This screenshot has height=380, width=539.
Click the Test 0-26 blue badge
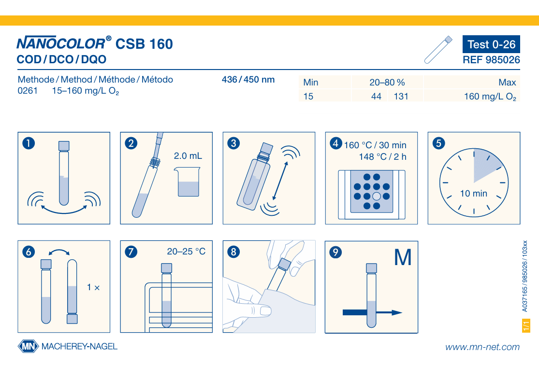click(491, 44)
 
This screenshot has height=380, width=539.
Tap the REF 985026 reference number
click(491, 60)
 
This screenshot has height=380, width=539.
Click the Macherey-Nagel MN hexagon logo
click(29, 346)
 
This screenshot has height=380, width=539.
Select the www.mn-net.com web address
click(482, 347)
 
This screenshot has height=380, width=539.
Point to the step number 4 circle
click(336, 143)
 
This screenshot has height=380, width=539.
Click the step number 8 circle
click(233, 252)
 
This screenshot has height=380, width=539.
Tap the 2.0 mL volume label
click(188, 156)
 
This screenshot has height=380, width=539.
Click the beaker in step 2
click(188, 182)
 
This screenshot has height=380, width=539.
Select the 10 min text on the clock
click(474, 194)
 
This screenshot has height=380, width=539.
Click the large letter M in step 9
click(403, 257)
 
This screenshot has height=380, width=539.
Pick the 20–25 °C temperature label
click(186, 252)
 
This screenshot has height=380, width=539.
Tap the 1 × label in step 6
click(93, 287)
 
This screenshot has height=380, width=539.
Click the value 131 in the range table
click(401, 97)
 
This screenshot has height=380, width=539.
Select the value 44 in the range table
click(376, 97)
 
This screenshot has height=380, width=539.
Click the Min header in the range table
click(311, 83)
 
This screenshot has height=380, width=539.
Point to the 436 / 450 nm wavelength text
click(248, 80)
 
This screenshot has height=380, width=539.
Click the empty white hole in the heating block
click(377, 197)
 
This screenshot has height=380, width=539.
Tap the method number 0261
click(28, 91)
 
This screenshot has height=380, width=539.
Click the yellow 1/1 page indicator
click(526, 325)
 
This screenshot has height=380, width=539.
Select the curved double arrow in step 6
click(59, 251)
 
